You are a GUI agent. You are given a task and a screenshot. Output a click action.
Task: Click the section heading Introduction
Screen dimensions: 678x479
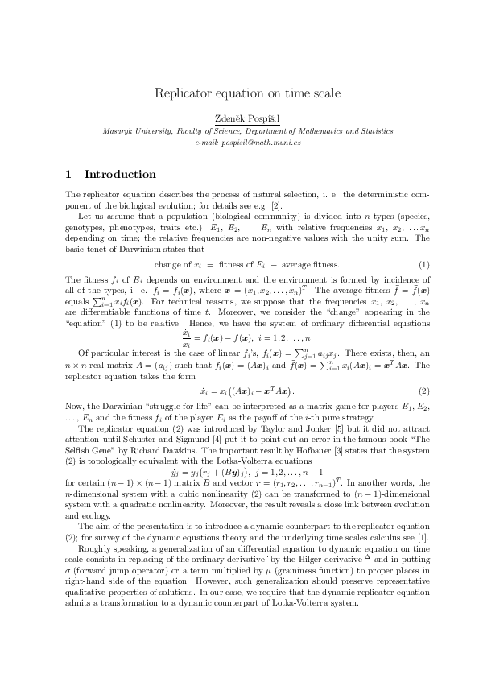click(120, 174)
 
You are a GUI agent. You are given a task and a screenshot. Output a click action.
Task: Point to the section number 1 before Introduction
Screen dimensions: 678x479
click(68, 174)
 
